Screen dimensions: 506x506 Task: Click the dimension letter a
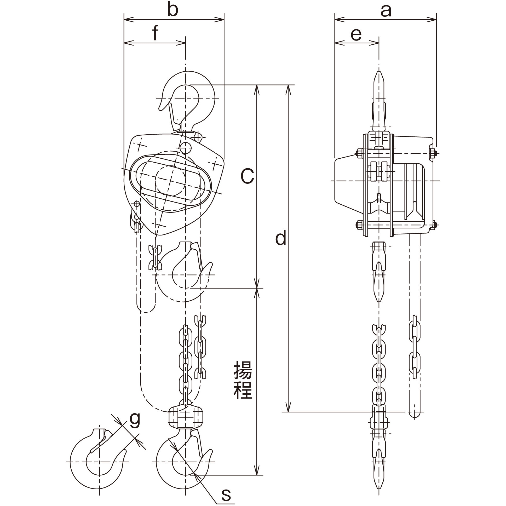[x=386, y=11]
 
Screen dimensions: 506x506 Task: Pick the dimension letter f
[x=155, y=33]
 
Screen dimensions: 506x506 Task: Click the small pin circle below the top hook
[x=185, y=148]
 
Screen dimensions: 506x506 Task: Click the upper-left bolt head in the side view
[x=359, y=153]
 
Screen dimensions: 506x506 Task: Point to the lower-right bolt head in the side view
[x=433, y=225]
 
